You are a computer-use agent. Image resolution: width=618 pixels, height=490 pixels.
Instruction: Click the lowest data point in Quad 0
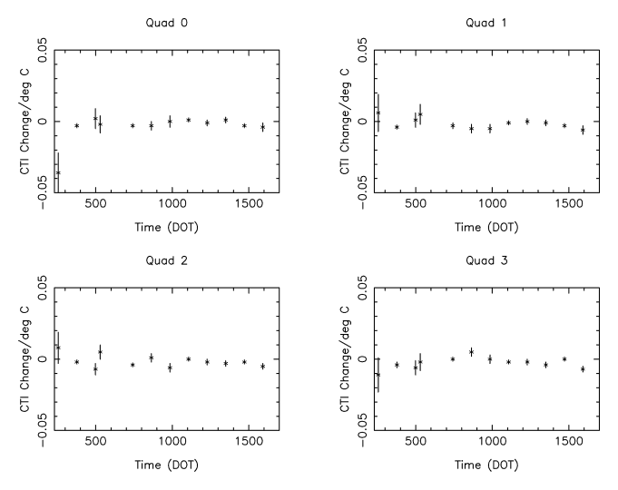[58, 172]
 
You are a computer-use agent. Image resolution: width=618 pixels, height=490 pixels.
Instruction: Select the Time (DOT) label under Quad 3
[486, 465]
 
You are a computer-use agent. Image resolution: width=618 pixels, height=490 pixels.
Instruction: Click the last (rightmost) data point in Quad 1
[583, 130]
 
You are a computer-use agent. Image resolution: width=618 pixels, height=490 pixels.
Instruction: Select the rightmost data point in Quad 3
[583, 368]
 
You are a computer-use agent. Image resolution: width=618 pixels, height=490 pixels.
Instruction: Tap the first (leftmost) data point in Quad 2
[58, 347]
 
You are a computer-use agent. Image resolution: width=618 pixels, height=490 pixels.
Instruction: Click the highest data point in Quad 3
[472, 351]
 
